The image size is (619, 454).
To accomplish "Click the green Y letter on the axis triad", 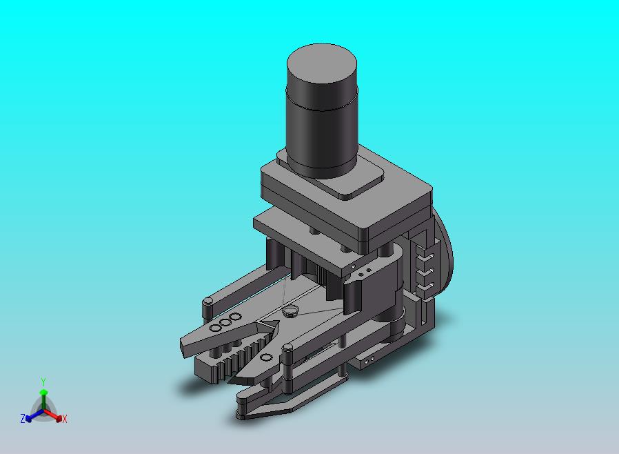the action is pyautogui.click(x=43, y=382).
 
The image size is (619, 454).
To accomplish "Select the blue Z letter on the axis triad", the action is pyautogui.click(x=23, y=418).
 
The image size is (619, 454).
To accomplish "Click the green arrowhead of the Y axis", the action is pyautogui.click(x=43, y=392).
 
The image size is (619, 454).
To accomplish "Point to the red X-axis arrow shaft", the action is pyautogui.click(x=50, y=414).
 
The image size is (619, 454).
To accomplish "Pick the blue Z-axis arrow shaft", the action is pyautogui.click(x=37, y=414).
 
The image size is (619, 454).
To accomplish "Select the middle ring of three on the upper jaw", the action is pyautogui.click(x=226, y=322).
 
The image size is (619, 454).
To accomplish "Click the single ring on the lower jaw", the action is pyautogui.click(x=267, y=357).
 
